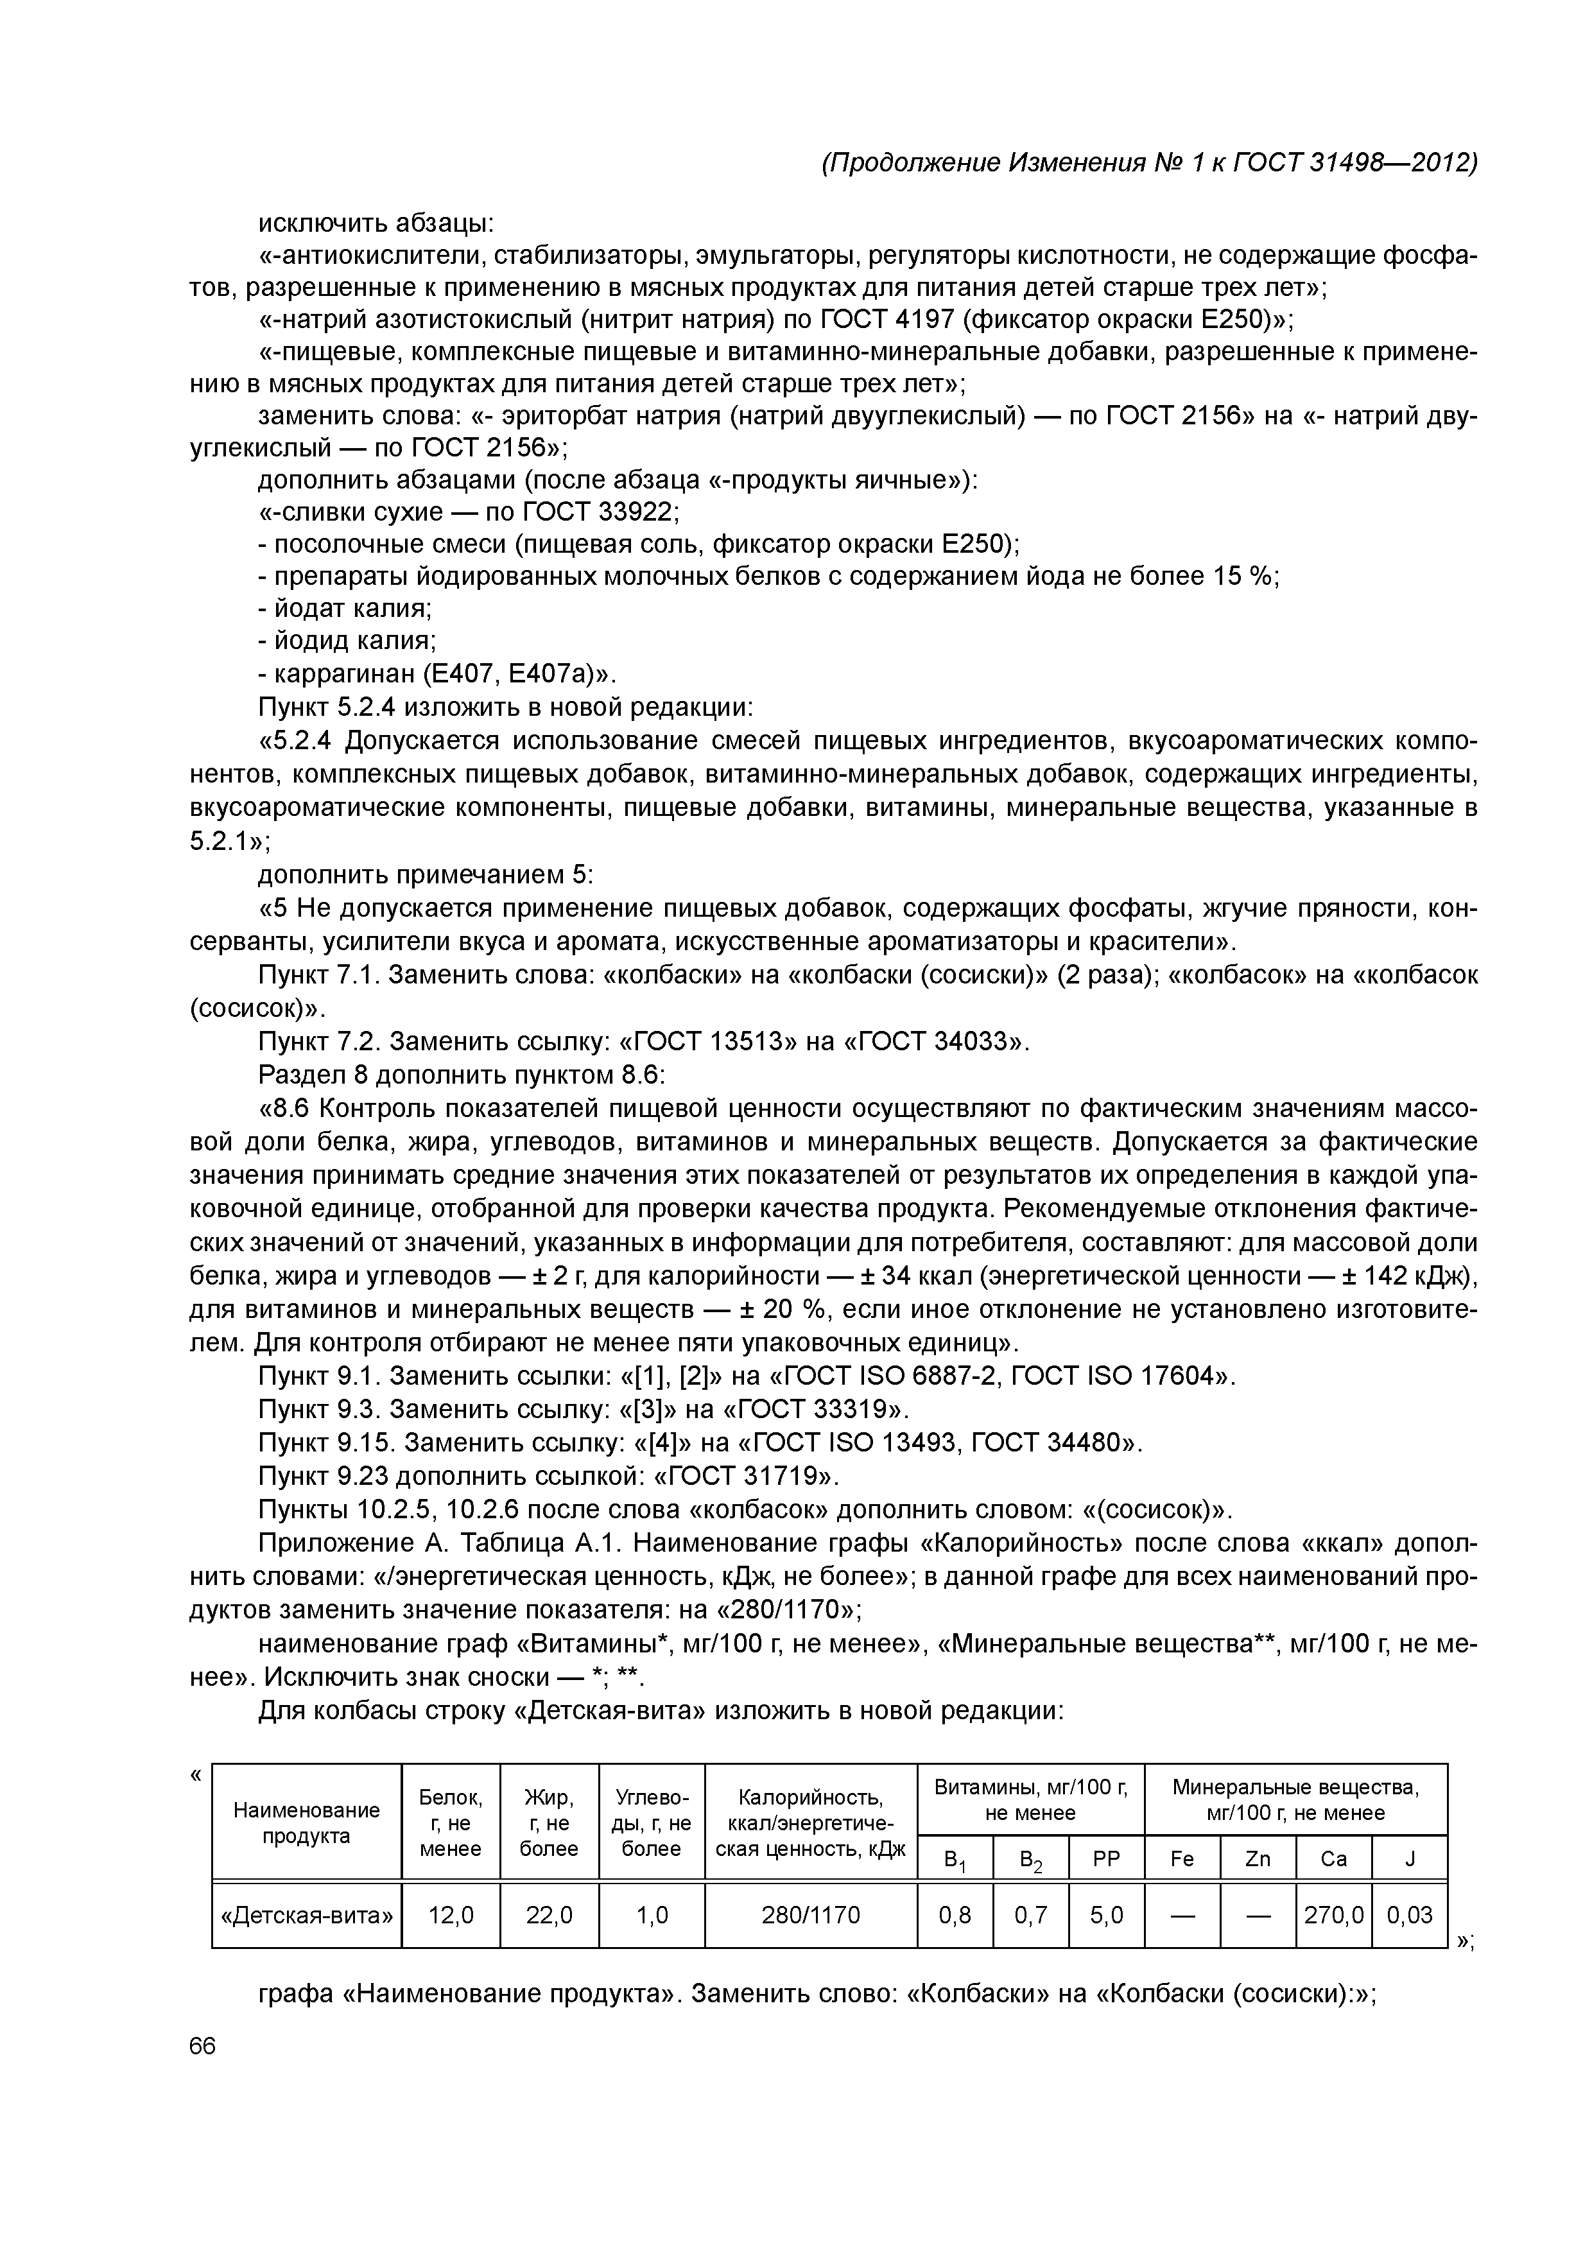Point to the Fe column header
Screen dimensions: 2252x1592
1182,1858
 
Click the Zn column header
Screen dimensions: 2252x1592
1258,1858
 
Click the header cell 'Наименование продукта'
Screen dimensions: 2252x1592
306,1823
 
